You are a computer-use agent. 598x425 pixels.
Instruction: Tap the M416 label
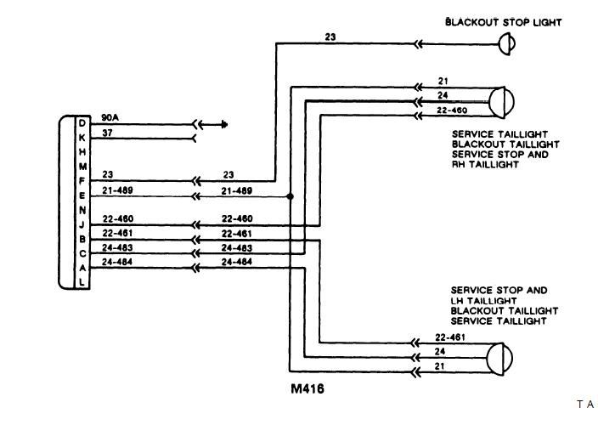point(307,391)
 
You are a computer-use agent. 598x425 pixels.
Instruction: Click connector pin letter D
point(82,124)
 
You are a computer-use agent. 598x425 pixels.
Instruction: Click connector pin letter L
point(82,281)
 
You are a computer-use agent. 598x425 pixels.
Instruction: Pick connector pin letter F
point(82,180)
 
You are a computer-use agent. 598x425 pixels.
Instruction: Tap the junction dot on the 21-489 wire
point(291,196)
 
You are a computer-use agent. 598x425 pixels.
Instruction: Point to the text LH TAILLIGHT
point(486,301)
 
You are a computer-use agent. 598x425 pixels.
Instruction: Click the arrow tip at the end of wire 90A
point(226,124)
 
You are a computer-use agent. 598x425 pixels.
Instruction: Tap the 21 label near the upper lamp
point(443,81)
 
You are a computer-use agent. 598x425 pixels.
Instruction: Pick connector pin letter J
point(82,224)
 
